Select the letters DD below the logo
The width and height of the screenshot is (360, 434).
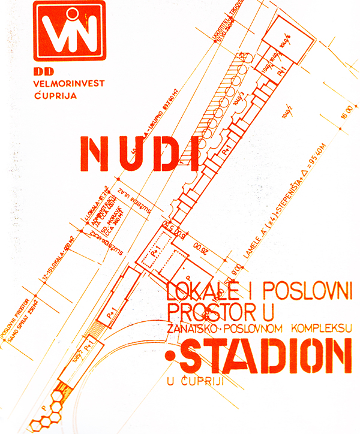(x=41, y=72)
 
